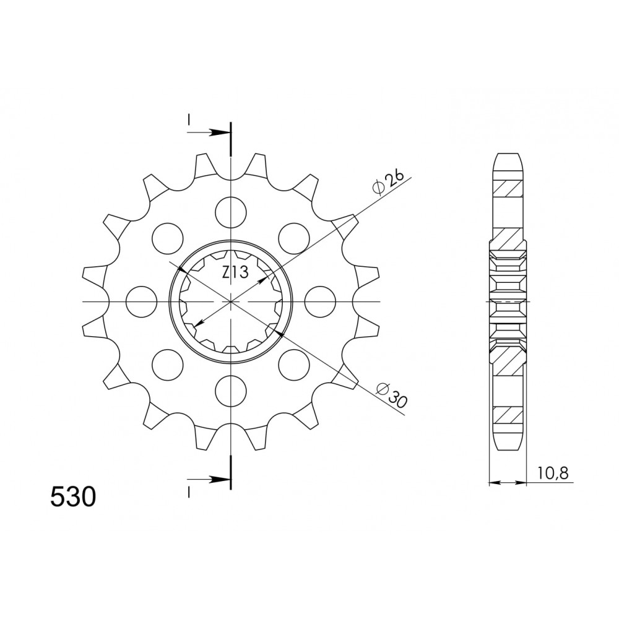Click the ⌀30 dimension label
(x=392, y=395)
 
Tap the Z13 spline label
(x=235, y=272)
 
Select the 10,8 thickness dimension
(x=552, y=472)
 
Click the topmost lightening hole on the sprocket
(x=231, y=212)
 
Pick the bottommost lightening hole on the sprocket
(x=231, y=391)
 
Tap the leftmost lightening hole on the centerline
(x=141, y=302)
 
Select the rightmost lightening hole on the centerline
(x=320, y=302)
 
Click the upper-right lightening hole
(x=293, y=238)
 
